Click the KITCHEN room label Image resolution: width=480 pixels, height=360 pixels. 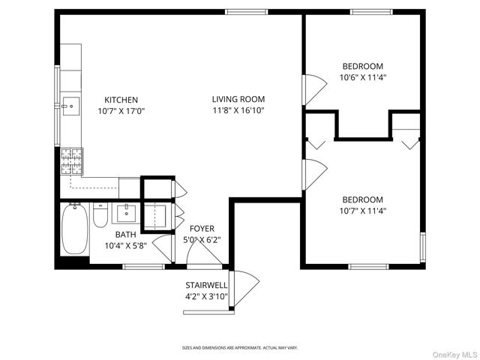point(121,100)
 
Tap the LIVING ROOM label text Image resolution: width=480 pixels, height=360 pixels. point(238,99)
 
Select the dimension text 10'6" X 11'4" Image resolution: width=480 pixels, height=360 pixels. point(363,77)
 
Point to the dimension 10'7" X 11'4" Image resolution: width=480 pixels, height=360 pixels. point(363,211)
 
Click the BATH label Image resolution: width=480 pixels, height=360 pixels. point(125,235)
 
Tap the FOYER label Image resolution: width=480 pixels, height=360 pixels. point(202,229)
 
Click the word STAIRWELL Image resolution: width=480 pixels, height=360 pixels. point(206,285)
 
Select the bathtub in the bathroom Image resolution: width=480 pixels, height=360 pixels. point(75,229)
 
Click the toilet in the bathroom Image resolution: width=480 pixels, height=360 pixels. point(100,214)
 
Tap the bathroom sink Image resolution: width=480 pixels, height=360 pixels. point(126,214)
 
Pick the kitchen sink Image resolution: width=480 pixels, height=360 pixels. point(71,106)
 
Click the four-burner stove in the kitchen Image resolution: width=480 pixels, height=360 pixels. point(72,161)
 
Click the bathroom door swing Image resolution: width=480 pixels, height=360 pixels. point(163,247)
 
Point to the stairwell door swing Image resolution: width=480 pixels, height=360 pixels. point(245,288)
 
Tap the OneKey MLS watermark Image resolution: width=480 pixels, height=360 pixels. point(454,355)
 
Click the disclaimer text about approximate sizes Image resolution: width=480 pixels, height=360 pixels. point(240,348)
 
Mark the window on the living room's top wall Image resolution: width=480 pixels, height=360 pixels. point(247,12)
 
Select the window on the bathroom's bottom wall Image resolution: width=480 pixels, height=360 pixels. point(143,267)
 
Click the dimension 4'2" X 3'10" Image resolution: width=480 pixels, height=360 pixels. point(206,296)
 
